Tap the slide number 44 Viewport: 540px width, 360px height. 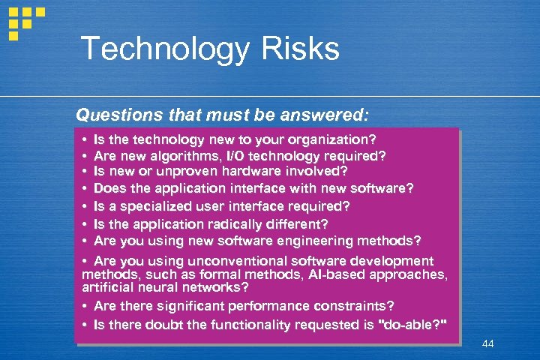488,343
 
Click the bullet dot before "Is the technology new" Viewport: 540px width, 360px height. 85,140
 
